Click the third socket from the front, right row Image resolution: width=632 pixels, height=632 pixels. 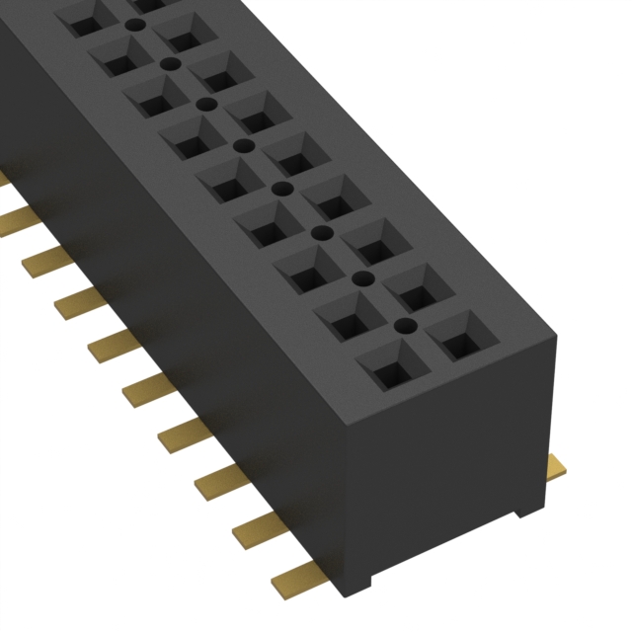[378, 238]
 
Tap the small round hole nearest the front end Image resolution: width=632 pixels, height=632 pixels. [402, 324]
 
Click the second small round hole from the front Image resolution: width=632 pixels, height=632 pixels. [361, 278]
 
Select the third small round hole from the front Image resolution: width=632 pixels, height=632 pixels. [321, 233]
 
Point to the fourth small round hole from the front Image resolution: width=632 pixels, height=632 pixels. [281, 188]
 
